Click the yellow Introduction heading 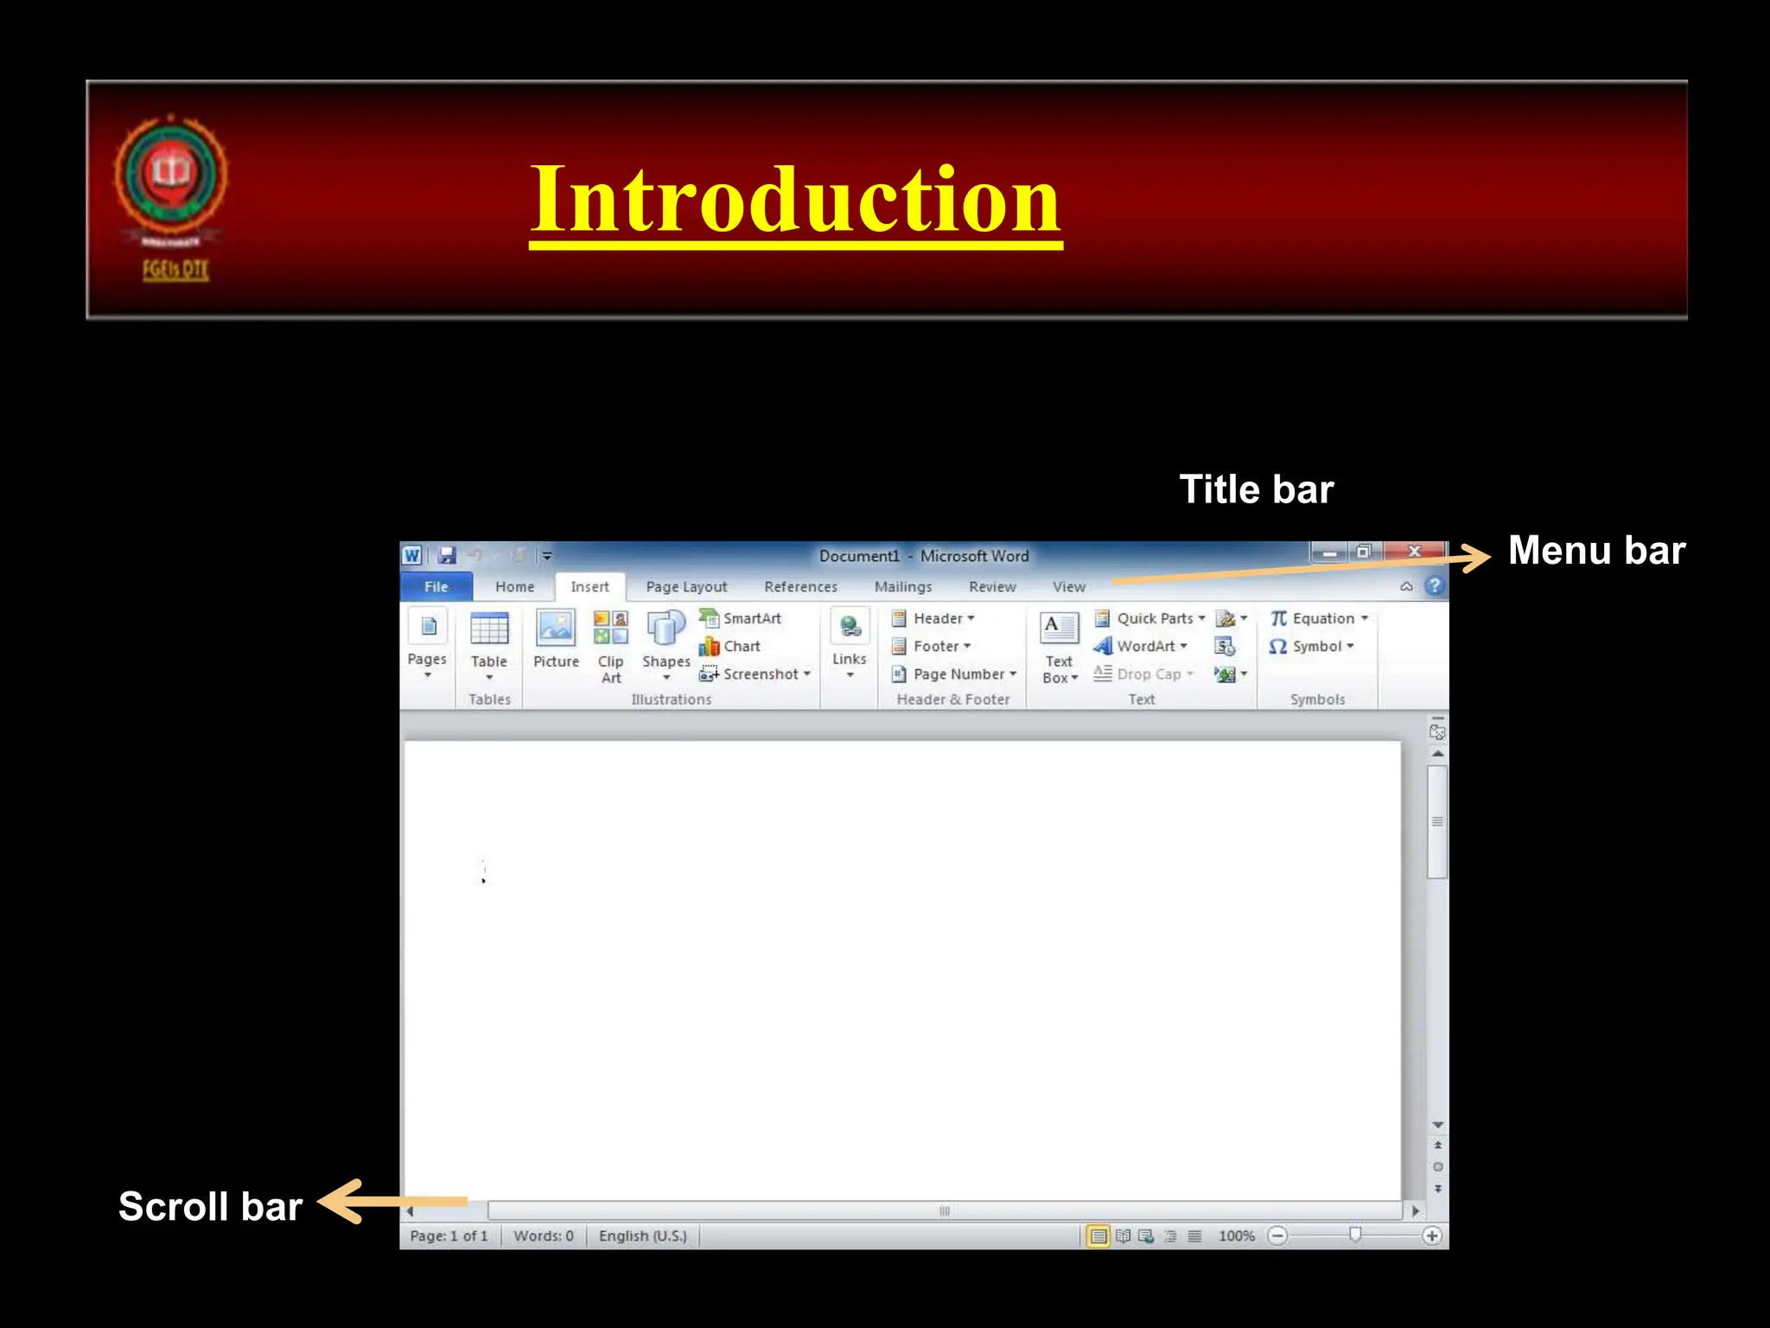click(795, 201)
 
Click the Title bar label click(1256, 489)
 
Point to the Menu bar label click(1596, 551)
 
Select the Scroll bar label click(210, 1206)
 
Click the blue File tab click(436, 586)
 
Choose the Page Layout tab click(686, 586)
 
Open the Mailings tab click(903, 586)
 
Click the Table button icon click(489, 629)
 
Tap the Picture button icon click(556, 629)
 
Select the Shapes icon click(665, 629)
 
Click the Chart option click(731, 646)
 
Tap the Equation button click(1319, 618)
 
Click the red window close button click(1414, 552)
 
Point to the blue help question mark click(1435, 585)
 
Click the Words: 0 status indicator click(544, 1235)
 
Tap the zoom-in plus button click(1431, 1235)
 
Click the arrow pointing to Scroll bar click(392, 1202)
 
